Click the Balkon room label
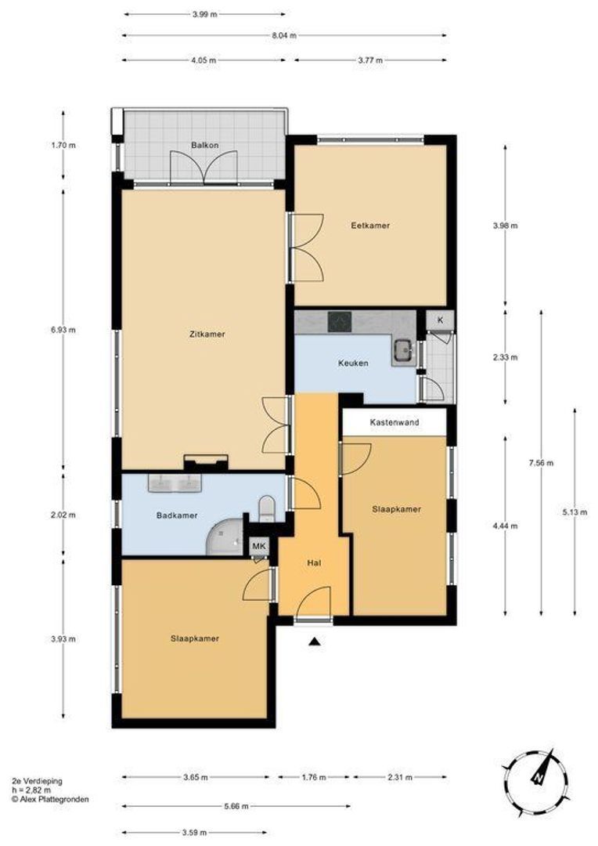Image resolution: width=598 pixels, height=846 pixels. tap(205, 145)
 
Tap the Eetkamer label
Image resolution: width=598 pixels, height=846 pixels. tap(370, 226)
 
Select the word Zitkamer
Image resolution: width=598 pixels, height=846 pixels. tap(207, 334)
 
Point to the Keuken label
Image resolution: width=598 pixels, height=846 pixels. tap(353, 363)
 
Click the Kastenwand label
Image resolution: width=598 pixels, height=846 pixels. tap(394, 422)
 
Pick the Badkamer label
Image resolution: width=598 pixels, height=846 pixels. tap(177, 515)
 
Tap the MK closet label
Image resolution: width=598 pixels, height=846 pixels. tap(259, 547)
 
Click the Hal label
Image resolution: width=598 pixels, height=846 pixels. tap(314, 562)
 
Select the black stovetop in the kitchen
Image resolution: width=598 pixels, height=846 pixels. tap(340, 322)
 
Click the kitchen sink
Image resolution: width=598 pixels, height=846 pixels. tap(403, 351)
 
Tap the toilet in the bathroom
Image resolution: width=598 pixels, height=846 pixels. tap(267, 509)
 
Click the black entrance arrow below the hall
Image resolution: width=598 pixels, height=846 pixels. tap(315, 642)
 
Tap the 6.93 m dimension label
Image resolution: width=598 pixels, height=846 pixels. tap(63, 330)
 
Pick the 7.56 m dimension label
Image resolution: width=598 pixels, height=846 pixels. tap(541, 462)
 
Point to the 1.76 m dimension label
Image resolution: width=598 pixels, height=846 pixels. tap(314, 778)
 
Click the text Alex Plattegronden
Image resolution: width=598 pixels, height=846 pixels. tap(54, 799)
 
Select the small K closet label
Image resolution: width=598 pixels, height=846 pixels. tap(440, 320)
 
